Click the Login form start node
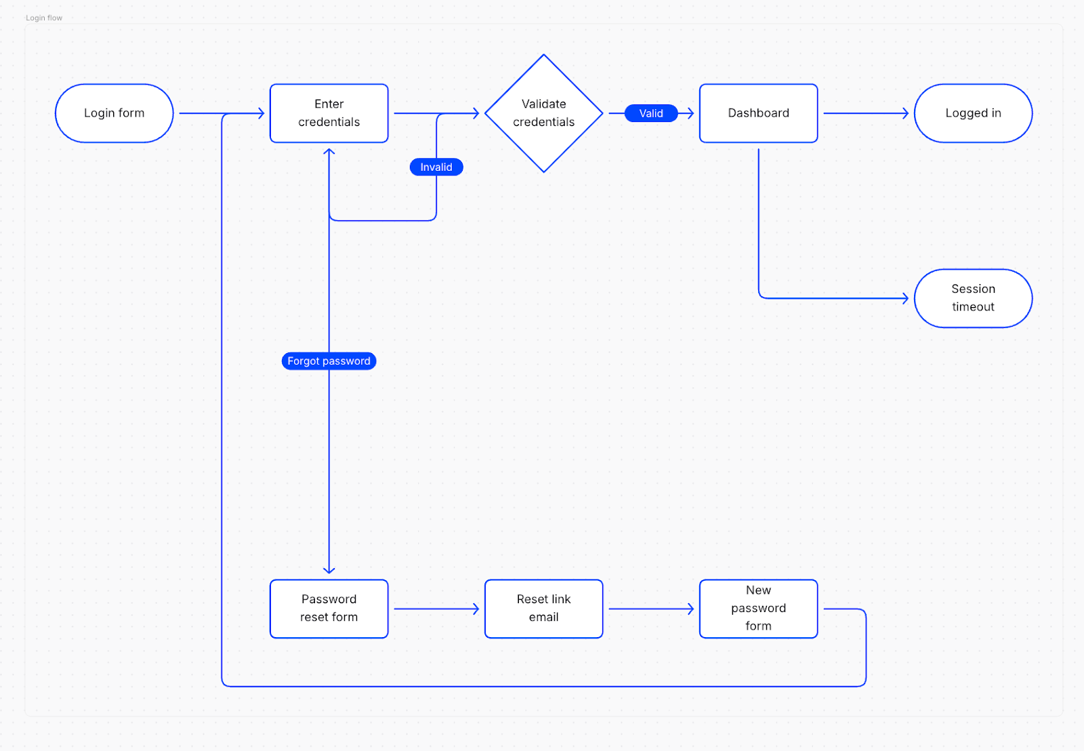[x=114, y=113]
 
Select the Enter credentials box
[x=329, y=113]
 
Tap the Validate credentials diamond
[x=543, y=113]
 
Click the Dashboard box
[x=758, y=113]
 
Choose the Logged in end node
[x=973, y=113]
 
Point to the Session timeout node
[x=973, y=298]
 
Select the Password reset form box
[x=329, y=609]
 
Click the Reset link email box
[x=543, y=609]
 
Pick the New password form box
[x=758, y=609]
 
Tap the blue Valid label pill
[x=650, y=113]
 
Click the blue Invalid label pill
[x=436, y=167]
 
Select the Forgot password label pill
[x=329, y=361]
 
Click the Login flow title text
[x=44, y=18]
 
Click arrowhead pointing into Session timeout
[x=905, y=298]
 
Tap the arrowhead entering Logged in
[x=905, y=113]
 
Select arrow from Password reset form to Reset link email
[x=436, y=609]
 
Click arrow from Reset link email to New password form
[x=650, y=609]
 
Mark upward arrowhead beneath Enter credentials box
[x=329, y=152]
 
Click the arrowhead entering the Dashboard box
[x=690, y=113]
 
